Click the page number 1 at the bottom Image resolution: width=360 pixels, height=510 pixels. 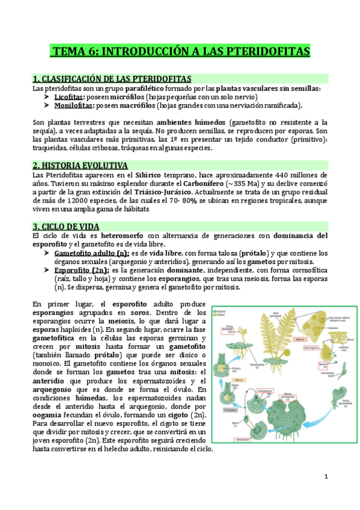point(326,477)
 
